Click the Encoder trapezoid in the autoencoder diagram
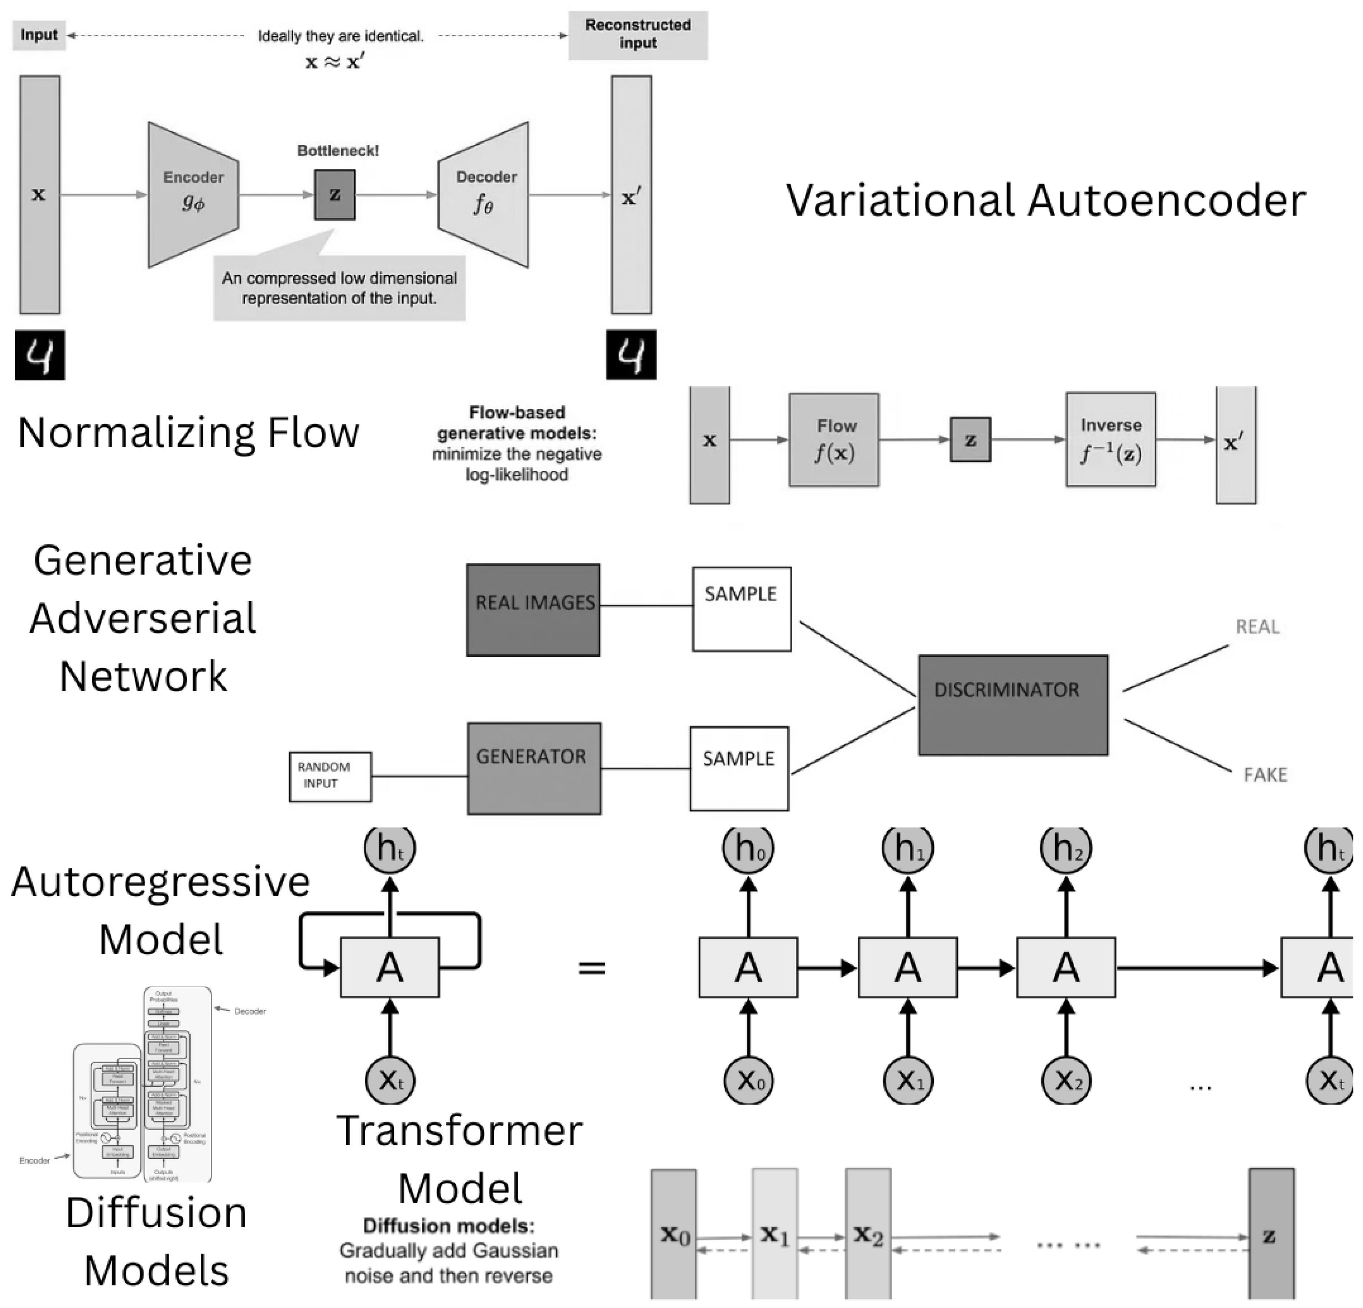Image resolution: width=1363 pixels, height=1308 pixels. pos(193,195)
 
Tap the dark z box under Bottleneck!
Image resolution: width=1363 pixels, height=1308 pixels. pos(334,195)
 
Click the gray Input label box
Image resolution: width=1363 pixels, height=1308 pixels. pos(39,35)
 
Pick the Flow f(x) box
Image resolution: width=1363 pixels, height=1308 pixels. pos(834,439)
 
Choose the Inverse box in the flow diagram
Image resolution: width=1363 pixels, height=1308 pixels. pos(1110,439)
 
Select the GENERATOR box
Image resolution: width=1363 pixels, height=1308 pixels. pos(533,768)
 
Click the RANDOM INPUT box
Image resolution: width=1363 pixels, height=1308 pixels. pos(330,776)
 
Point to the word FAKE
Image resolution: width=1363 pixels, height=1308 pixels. pos(1265,775)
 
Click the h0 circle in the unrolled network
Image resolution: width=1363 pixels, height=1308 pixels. pos(748,848)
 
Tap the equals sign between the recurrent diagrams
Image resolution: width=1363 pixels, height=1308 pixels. pos(592,967)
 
